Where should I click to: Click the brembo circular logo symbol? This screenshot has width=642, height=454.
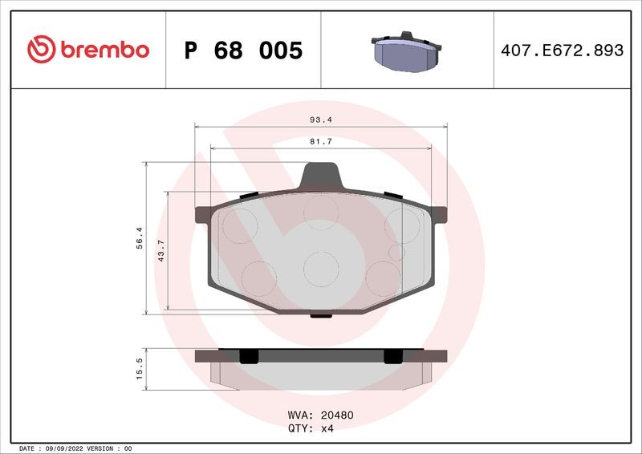coord(42,49)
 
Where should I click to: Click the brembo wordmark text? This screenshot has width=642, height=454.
coord(105,50)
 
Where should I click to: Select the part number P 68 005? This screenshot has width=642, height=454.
coord(243,51)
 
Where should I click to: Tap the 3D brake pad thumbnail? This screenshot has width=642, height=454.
coord(407,51)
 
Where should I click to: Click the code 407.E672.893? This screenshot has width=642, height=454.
coord(563,51)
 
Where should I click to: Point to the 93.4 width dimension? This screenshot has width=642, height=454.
coord(321,120)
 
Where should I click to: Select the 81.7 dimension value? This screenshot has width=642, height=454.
coord(321,142)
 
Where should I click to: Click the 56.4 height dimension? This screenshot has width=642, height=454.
coord(140,238)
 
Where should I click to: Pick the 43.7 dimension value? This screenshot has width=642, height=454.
coord(161,250)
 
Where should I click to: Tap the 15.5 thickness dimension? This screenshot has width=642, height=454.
coord(140,368)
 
